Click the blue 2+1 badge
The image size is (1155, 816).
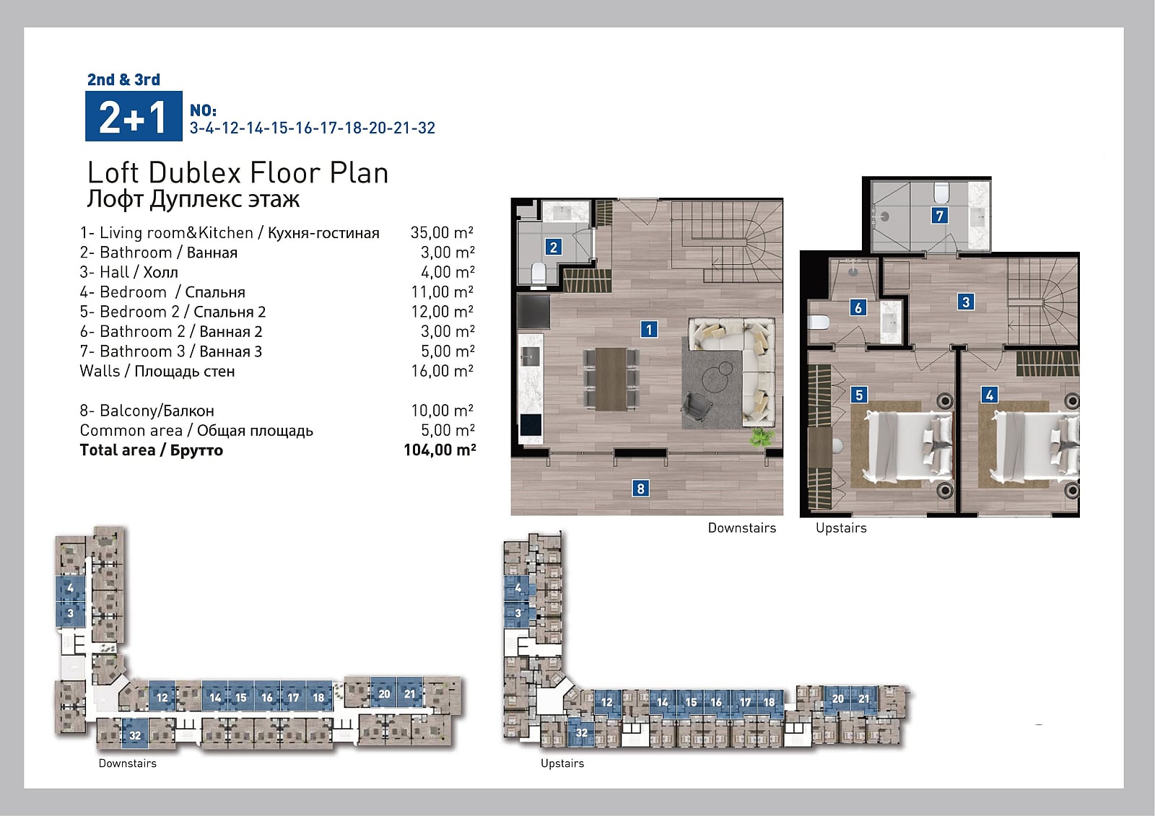[x=134, y=116]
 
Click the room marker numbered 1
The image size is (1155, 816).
[x=649, y=329]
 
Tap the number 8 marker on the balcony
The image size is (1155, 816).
[x=640, y=488]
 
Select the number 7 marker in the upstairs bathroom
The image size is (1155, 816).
[x=939, y=216]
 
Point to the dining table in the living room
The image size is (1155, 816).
[x=611, y=379]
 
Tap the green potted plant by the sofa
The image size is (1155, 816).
[x=761, y=437]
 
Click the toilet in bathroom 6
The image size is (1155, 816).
[x=819, y=323]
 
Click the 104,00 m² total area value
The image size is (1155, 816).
[x=440, y=450]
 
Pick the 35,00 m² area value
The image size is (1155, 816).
[x=442, y=232]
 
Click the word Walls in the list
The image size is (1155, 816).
[x=100, y=371]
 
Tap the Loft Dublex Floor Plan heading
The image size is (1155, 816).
[x=237, y=172]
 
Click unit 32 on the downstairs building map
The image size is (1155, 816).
[x=135, y=736]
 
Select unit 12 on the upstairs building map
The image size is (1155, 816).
[x=607, y=702]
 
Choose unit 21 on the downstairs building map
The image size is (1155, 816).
[x=410, y=694]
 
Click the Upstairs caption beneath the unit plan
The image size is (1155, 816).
[x=841, y=528]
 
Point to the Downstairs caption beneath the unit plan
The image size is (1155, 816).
[x=741, y=528]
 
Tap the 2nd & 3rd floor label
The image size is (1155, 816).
[x=123, y=79]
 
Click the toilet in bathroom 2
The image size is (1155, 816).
[x=539, y=273]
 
